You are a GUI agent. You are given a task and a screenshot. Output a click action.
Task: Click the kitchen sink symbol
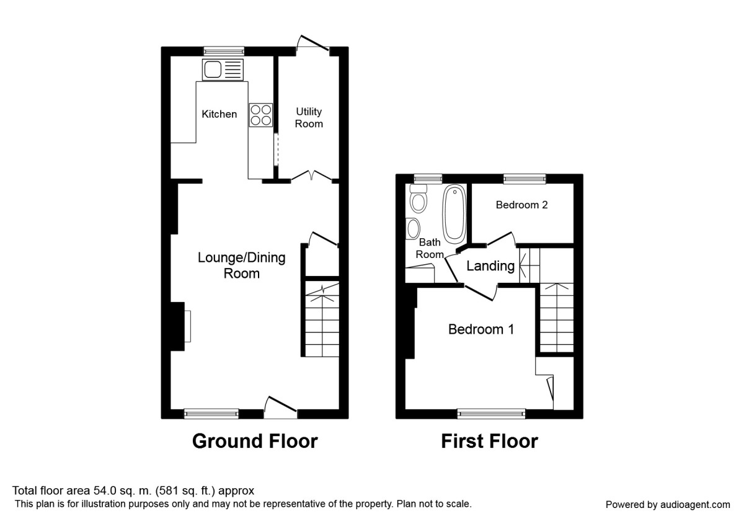pyautogui.click(x=222, y=69)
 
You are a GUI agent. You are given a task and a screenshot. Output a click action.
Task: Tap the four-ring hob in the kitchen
pyautogui.click(x=261, y=115)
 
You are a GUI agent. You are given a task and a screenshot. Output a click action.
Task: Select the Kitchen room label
pyautogui.click(x=219, y=114)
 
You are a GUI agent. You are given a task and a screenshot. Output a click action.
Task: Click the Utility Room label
pyautogui.click(x=309, y=117)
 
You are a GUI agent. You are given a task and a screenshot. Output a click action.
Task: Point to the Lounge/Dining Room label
pyautogui.click(x=241, y=265)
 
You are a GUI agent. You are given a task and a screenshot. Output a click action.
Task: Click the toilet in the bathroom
pyautogui.click(x=419, y=201)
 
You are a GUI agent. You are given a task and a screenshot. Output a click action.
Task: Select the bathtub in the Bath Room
pyautogui.click(x=454, y=215)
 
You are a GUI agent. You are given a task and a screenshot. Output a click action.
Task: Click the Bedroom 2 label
pyautogui.click(x=521, y=205)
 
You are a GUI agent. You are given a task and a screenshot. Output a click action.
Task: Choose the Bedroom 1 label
pyautogui.click(x=481, y=329)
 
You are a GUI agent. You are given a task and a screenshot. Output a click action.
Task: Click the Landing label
pyautogui.click(x=490, y=266)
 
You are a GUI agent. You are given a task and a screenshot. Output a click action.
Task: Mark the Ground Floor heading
pyautogui.click(x=255, y=441)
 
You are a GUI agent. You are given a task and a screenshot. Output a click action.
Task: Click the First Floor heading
pyautogui.click(x=489, y=441)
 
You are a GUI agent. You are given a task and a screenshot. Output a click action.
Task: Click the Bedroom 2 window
pyautogui.click(x=525, y=179)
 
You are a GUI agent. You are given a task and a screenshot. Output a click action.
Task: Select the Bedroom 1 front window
pyautogui.click(x=491, y=414)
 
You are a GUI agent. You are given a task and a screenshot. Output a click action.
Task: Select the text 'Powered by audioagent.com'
pyautogui.click(x=668, y=504)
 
